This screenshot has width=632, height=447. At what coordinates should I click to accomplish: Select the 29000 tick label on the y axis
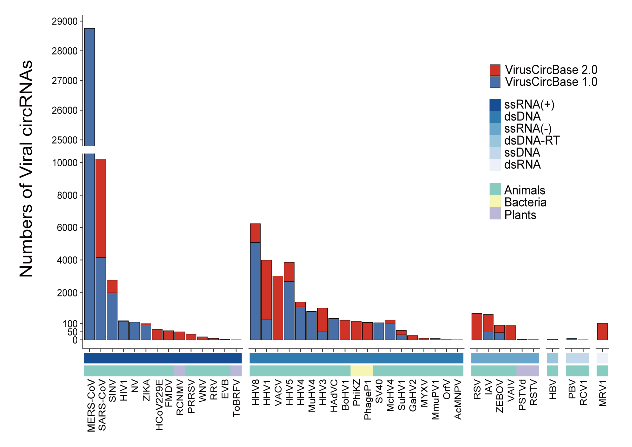point(65,21)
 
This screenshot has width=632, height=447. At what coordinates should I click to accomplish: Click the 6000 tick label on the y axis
point(68,228)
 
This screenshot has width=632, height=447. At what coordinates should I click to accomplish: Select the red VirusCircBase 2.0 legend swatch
point(495,70)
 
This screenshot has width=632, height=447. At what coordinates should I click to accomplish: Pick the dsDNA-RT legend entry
point(532,140)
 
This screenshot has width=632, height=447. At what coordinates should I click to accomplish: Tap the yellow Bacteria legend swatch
point(495,202)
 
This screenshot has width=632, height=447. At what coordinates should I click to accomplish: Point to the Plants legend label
point(520,215)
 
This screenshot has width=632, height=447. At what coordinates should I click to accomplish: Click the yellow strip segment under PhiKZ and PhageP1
point(362,371)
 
